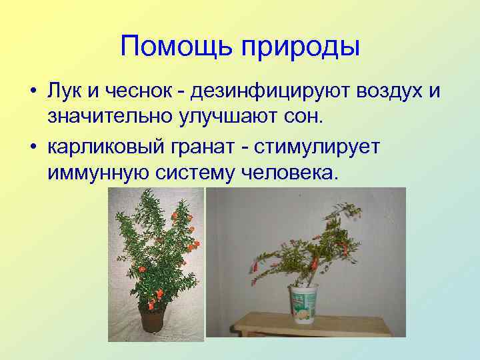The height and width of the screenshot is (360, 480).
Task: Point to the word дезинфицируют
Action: click(269, 91)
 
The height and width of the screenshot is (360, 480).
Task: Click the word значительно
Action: click(109, 117)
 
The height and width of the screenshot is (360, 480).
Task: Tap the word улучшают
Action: click(230, 118)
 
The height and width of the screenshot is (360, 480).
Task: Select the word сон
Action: click(305, 117)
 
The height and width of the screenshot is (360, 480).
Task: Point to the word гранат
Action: click(211, 147)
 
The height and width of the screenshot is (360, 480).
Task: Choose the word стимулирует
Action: click(328, 147)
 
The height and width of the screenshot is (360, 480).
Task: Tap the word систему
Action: click(197, 173)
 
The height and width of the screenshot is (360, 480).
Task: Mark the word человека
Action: click(291, 173)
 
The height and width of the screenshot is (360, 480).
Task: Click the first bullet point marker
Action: click(32, 91)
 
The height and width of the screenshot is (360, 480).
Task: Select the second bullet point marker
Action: click(32, 147)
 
